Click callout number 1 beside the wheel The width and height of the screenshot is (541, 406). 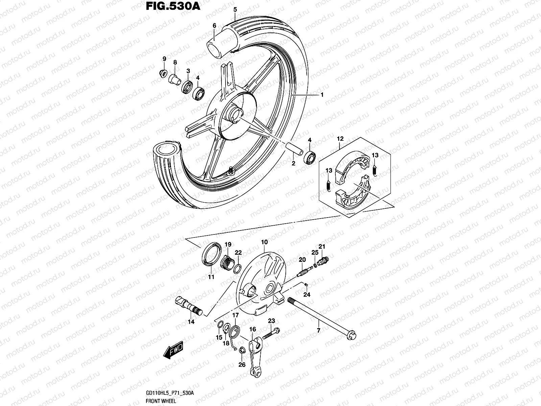(x=322, y=95)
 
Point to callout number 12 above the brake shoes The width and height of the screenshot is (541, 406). (x=340, y=139)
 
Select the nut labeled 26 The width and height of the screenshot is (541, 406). (x=242, y=351)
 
